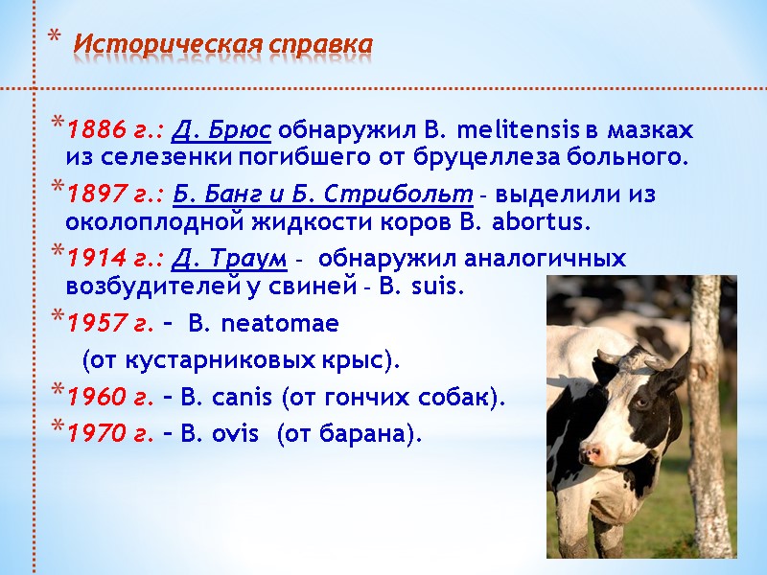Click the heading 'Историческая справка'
tap(223, 44)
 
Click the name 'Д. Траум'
tap(233, 260)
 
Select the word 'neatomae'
tap(279, 324)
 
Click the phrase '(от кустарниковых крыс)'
tap(240, 361)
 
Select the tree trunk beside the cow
tap(708, 422)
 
